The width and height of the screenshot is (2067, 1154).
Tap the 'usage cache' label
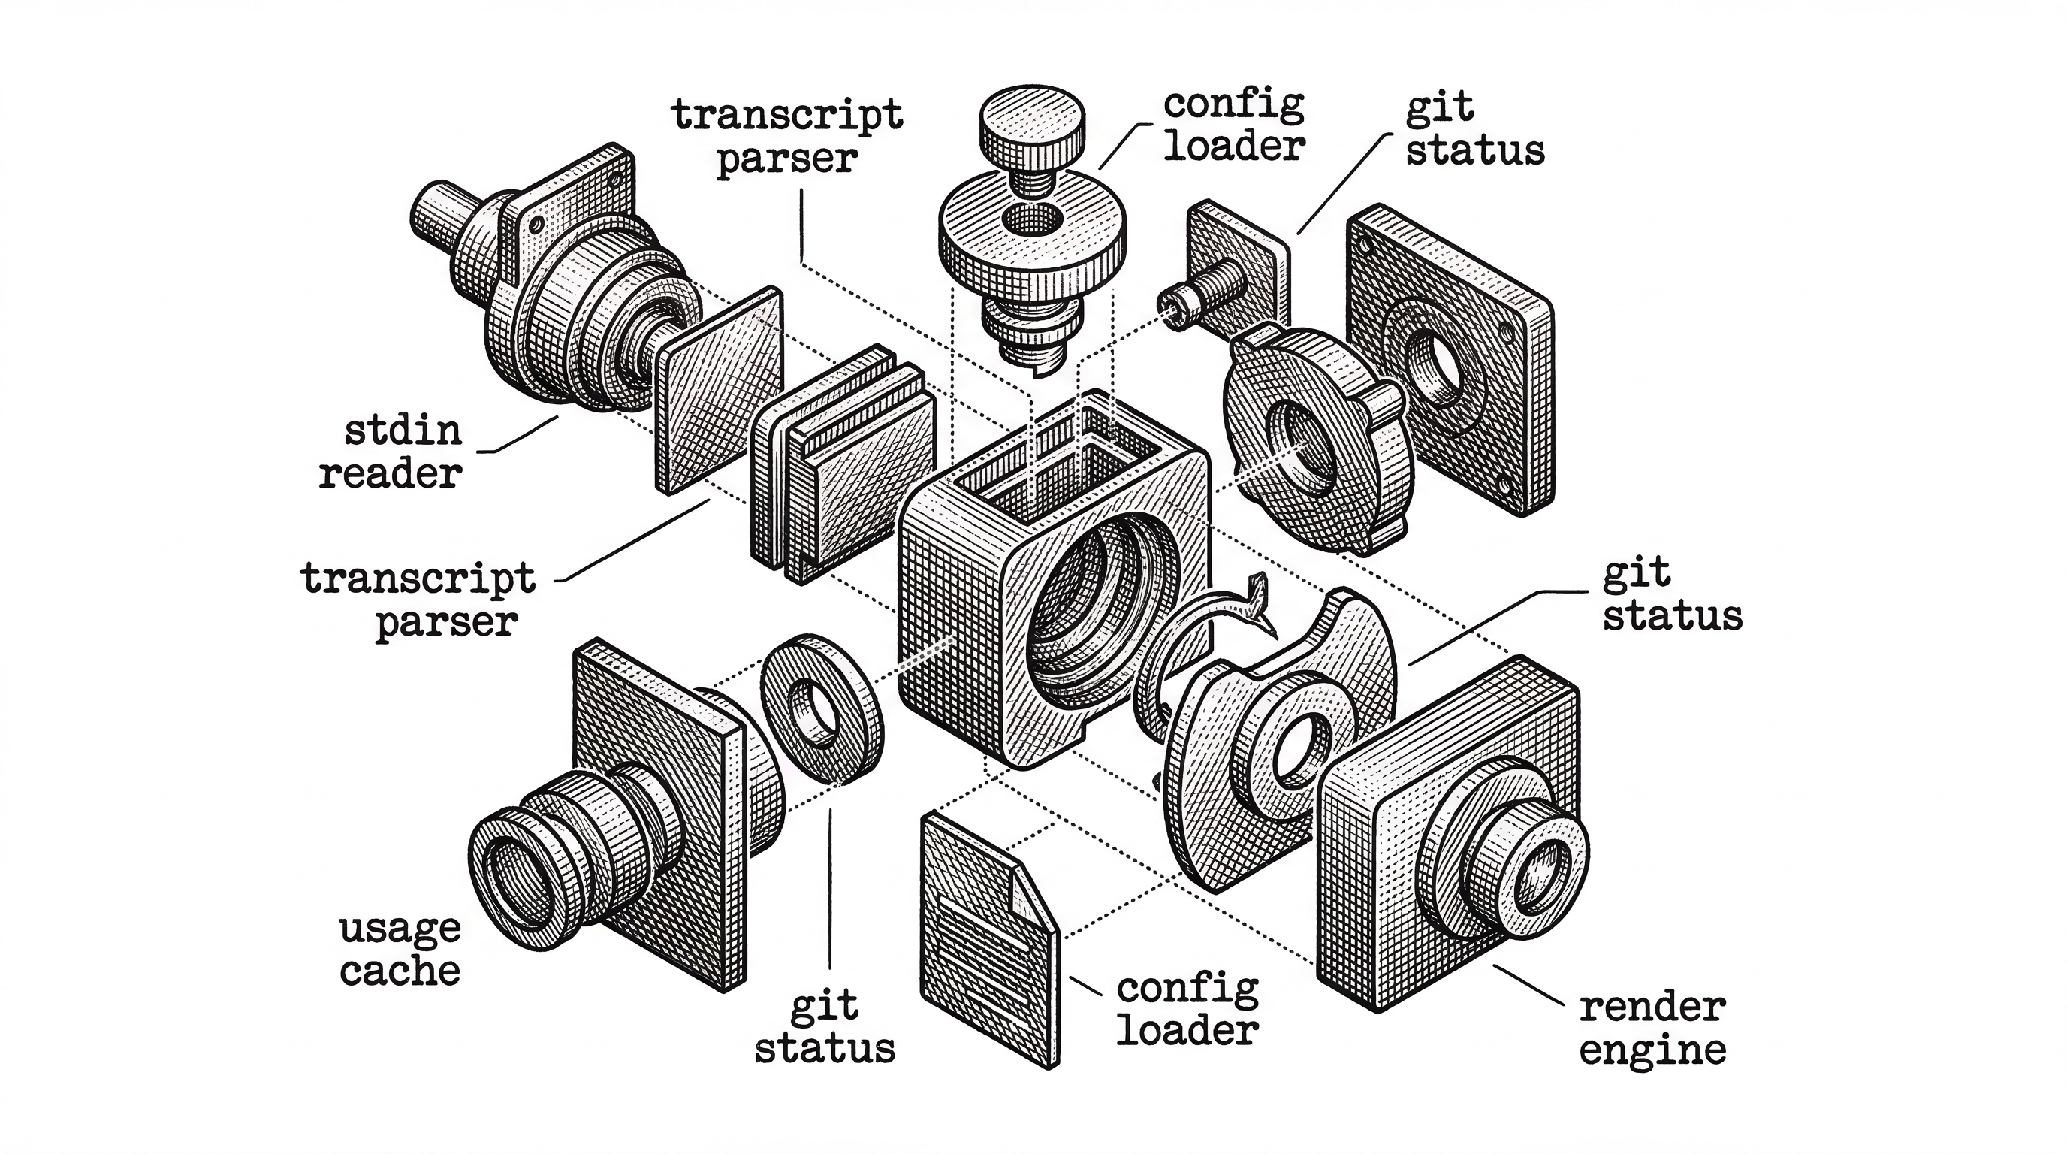tap(400, 950)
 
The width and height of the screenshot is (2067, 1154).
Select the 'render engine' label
tap(1652, 1028)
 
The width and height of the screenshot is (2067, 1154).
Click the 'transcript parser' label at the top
tap(787, 137)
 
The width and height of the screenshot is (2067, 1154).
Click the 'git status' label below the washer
tap(824, 1028)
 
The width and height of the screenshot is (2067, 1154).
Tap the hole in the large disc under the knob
tap(1032, 219)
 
